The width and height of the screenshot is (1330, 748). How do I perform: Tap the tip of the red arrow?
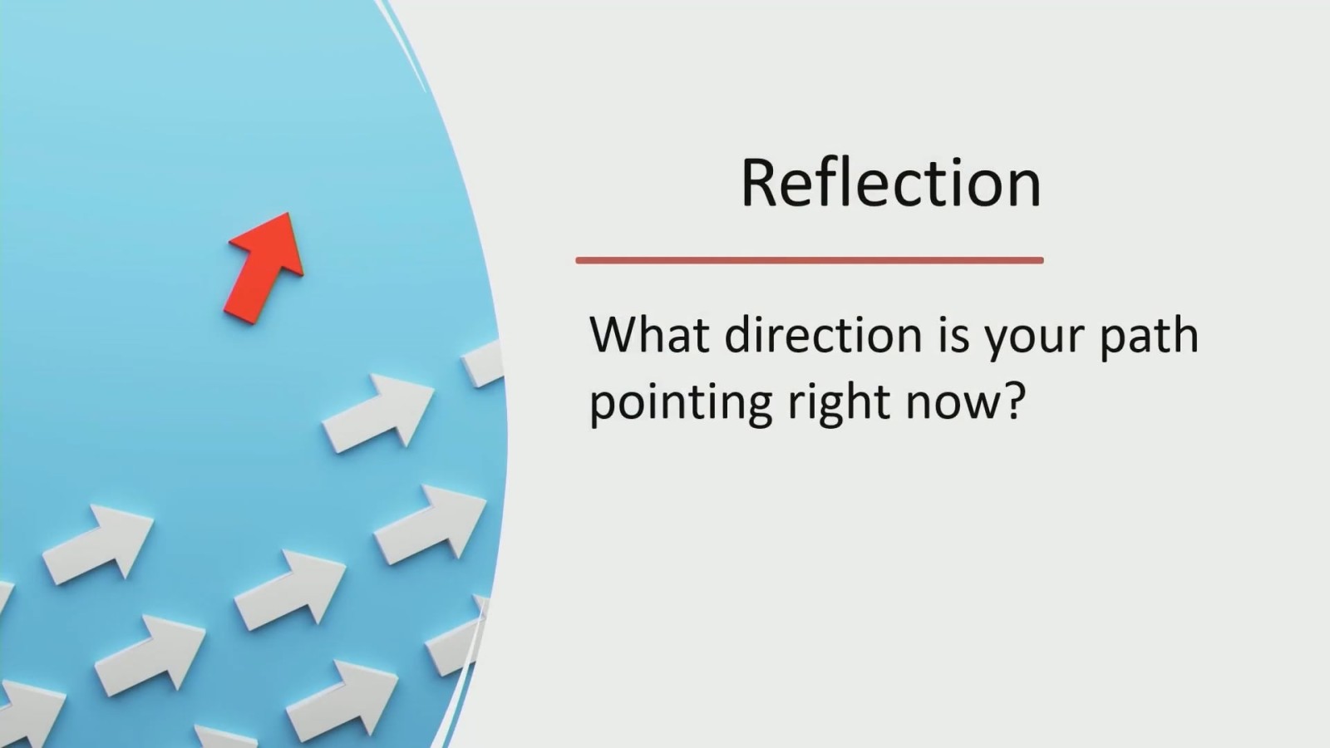[x=288, y=213]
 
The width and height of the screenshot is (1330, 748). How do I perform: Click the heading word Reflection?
[x=890, y=183]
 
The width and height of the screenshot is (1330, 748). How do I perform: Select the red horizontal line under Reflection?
[x=810, y=260]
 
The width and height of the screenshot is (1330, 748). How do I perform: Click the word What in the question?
[x=649, y=335]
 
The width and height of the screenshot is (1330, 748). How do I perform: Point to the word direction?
[x=824, y=335]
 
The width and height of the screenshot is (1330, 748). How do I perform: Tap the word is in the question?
[x=953, y=336]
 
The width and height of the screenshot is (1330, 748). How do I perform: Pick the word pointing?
[x=681, y=404]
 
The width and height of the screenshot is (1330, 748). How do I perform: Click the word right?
[x=839, y=404]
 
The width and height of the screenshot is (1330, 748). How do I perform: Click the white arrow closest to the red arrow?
[x=378, y=413]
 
